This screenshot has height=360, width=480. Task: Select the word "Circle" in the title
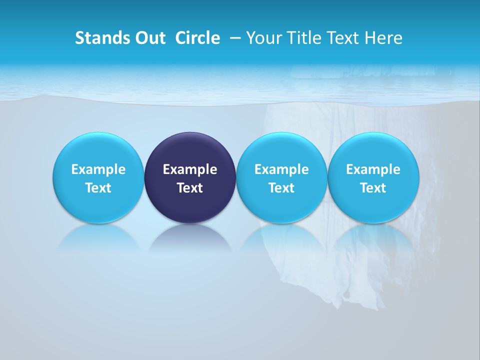pos(197,38)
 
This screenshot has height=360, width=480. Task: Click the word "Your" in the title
pos(264,38)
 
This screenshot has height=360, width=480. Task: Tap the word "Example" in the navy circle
pos(190,169)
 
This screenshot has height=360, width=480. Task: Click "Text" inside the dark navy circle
pos(190,188)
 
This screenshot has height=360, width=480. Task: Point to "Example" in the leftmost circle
pos(98,169)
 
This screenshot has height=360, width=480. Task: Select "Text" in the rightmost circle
pos(373,188)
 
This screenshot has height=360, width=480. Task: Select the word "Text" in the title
pos(346,38)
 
